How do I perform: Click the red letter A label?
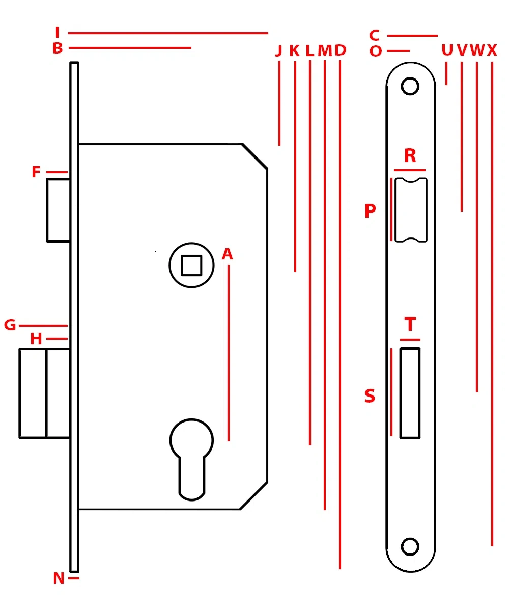click(x=227, y=254)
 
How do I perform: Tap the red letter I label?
click(x=58, y=33)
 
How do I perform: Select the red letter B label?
click(x=58, y=48)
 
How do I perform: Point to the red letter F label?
click(x=36, y=172)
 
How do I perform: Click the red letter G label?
click(x=10, y=325)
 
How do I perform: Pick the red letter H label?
click(x=36, y=339)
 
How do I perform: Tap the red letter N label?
click(x=59, y=578)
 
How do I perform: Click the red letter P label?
click(x=370, y=211)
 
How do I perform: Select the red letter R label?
click(x=410, y=155)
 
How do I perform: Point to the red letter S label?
click(x=370, y=396)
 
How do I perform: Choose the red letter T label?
click(x=410, y=325)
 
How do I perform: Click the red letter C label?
click(x=375, y=36)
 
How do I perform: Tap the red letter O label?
click(x=376, y=51)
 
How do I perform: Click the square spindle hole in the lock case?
click(x=191, y=265)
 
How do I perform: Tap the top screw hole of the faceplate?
click(x=410, y=86)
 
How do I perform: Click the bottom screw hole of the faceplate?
click(x=410, y=546)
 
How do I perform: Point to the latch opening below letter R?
click(x=411, y=210)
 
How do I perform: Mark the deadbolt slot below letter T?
click(x=410, y=392)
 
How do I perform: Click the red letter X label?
click(x=492, y=50)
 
